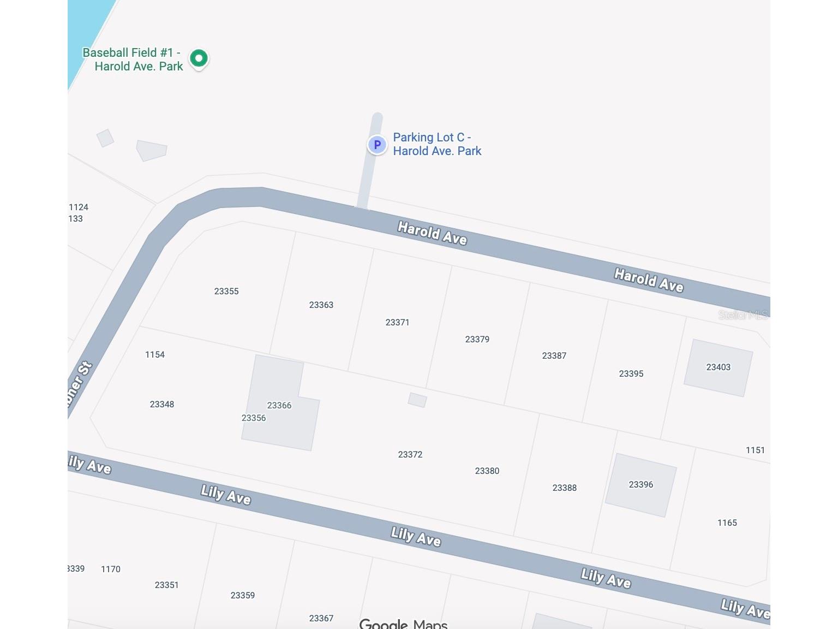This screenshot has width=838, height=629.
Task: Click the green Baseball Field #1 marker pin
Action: coord(199,58)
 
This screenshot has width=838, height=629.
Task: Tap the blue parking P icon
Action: coord(376,145)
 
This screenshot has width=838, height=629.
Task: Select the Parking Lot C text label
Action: coord(436,144)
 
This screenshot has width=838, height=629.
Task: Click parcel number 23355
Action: coord(226,291)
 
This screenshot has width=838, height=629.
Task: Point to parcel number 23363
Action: coord(321,305)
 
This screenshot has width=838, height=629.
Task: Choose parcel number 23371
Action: coord(397,322)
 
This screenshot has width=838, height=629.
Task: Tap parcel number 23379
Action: coord(477,339)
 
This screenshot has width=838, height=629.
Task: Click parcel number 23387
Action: coord(554,355)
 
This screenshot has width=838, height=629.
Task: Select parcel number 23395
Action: coord(631,373)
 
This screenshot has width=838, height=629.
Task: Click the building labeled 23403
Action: coord(718,367)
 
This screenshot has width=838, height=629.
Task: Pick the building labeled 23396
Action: coord(641,485)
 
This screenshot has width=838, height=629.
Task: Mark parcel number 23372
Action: coord(410,454)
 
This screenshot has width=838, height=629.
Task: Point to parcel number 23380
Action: coord(487,471)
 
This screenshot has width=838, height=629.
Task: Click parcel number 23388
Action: coord(564,488)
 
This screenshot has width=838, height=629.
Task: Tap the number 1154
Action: coord(155,354)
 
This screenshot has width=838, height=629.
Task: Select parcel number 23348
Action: coord(161,404)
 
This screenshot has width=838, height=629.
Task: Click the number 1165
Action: coord(727,523)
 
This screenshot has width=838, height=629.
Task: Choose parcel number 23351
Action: coord(166,585)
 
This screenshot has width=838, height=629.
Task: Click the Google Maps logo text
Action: coord(403,624)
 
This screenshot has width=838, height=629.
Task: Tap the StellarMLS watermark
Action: coord(743,314)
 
